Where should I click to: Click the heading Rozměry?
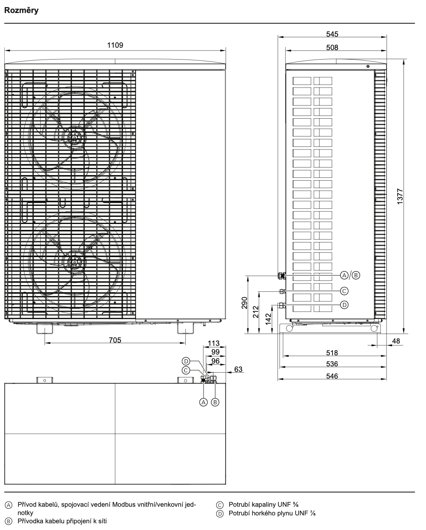21,10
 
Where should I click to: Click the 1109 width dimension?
115,45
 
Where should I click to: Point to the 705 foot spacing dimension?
115,340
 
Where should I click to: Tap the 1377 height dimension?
400,196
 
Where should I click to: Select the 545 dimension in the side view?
332,34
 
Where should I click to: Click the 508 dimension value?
332,47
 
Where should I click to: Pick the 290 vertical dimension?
244,303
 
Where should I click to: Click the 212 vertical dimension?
256,312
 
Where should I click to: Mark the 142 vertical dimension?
268,319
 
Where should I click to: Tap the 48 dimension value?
396,341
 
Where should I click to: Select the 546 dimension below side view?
332,376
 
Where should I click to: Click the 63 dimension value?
238,369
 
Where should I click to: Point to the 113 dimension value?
213,343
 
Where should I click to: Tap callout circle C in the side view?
344,291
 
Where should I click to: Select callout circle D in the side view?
344,305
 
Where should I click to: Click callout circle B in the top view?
215,402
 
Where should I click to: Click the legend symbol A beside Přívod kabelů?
8,504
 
